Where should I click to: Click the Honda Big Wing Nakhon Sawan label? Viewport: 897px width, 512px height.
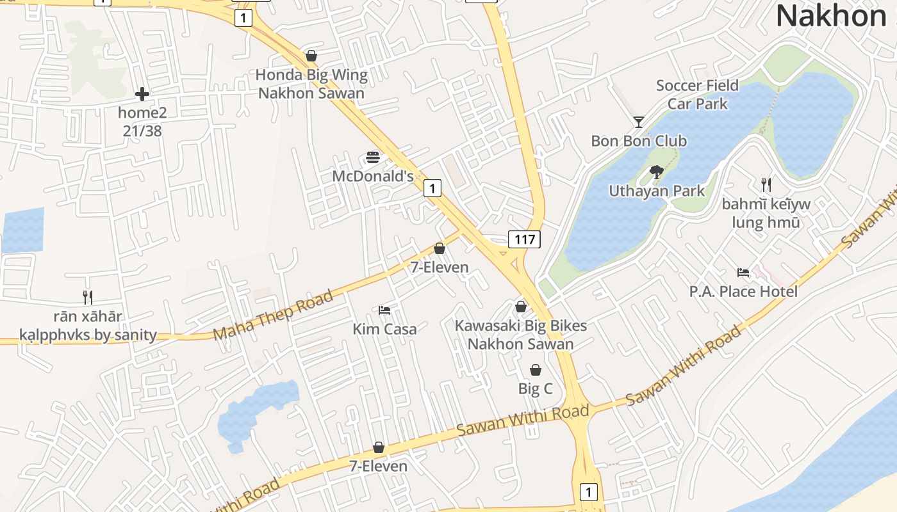pos(311,84)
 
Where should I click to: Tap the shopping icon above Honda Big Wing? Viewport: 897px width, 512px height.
pos(311,56)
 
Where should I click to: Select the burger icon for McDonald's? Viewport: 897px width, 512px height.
pos(373,157)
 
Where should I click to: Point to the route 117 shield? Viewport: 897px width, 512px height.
pos(524,239)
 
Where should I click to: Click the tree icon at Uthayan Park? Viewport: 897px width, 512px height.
pos(656,172)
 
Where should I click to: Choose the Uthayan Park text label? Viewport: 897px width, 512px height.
pos(656,191)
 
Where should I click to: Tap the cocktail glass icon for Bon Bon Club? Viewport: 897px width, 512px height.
pos(639,122)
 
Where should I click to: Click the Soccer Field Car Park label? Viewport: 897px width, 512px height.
pos(697,95)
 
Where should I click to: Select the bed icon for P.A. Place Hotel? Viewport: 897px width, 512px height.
pos(743,273)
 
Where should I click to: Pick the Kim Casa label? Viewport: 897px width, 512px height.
pos(384,329)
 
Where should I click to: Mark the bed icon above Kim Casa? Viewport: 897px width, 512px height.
pos(384,310)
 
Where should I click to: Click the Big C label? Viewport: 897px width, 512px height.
pos(535,388)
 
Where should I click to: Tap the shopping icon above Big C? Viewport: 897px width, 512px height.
pos(535,370)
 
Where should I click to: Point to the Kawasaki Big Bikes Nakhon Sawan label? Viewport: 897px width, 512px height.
pos(520,334)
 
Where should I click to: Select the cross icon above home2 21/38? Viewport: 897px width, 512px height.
pos(142,95)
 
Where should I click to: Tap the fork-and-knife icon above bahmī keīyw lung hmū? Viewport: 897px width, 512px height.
pos(766,185)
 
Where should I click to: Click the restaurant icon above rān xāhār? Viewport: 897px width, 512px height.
pos(88,297)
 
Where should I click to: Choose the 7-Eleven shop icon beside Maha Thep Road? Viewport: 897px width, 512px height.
pos(440,248)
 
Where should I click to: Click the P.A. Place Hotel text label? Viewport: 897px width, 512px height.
pos(743,292)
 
